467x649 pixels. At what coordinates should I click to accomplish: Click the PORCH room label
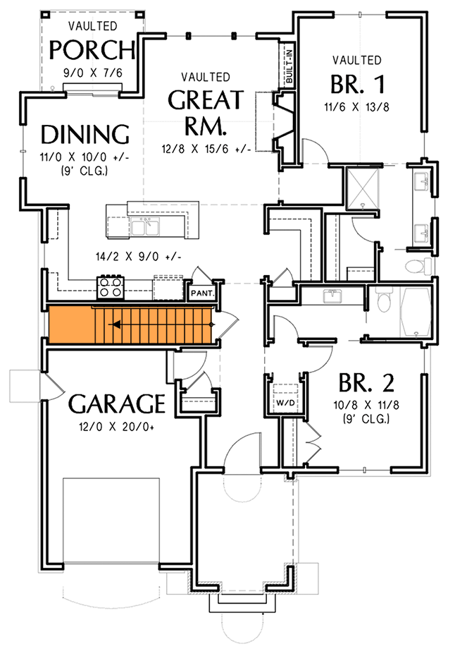click(92, 51)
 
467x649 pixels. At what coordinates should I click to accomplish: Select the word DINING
click(85, 133)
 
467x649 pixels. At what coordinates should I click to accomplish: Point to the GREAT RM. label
click(205, 112)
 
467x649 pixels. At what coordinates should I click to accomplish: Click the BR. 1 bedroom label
click(358, 85)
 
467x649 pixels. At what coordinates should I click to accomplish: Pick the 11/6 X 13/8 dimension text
click(356, 107)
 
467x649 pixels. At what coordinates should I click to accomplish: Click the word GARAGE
click(116, 404)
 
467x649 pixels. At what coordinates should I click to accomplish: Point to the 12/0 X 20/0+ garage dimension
click(116, 425)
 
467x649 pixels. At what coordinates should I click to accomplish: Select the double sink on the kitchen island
click(145, 226)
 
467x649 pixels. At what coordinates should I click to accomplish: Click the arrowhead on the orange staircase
click(114, 324)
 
